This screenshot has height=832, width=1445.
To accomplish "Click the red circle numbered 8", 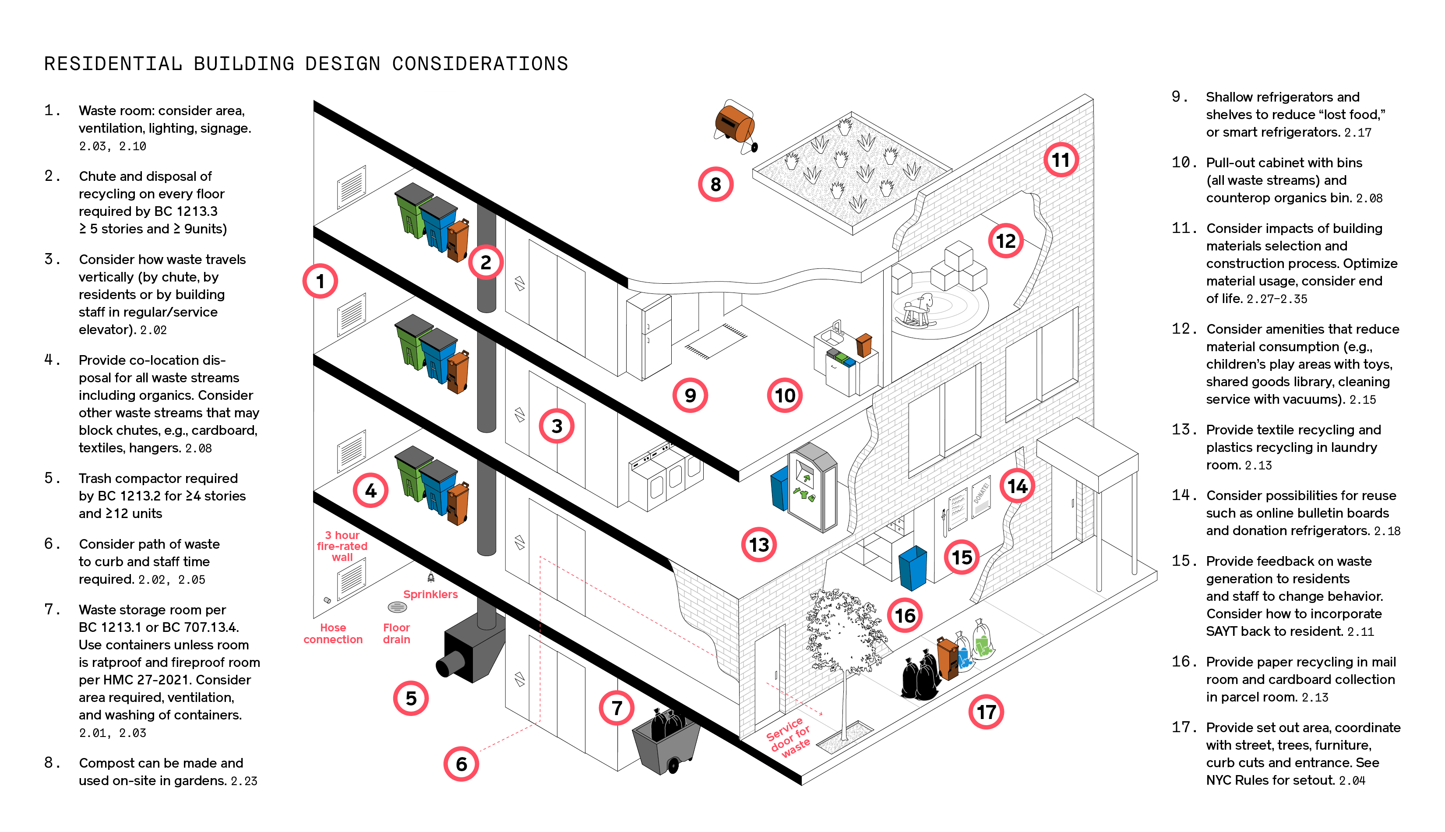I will click(x=715, y=184).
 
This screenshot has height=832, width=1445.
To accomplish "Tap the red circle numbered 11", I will click(x=1061, y=160).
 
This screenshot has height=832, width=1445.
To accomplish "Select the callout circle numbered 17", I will click(x=986, y=712).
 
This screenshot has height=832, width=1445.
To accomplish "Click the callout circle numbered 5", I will click(x=411, y=698).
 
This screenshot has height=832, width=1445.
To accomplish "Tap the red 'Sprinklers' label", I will click(x=430, y=594).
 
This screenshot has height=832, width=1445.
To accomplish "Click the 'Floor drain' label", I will click(x=397, y=633).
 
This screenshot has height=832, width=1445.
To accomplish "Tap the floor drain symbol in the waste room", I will click(x=397, y=607).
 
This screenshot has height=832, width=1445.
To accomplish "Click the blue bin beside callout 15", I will click(x=913, y=568).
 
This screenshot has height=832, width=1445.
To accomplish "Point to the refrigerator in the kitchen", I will click(x=649, y=337).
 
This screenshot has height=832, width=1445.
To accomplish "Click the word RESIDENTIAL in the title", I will click(x=113, y=63).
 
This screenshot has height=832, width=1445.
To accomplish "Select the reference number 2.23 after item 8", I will click(x=244, y=781).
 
